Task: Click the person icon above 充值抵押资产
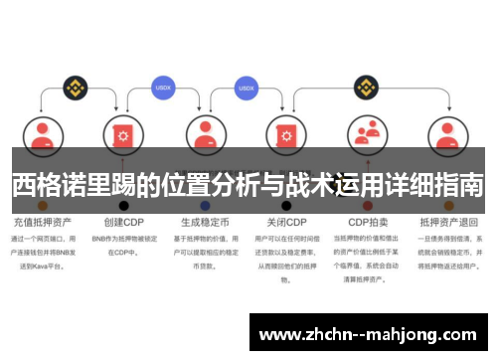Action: click(42, 134)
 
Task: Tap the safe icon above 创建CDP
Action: click(123, 134)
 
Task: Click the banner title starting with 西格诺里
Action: click(248, 184)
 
